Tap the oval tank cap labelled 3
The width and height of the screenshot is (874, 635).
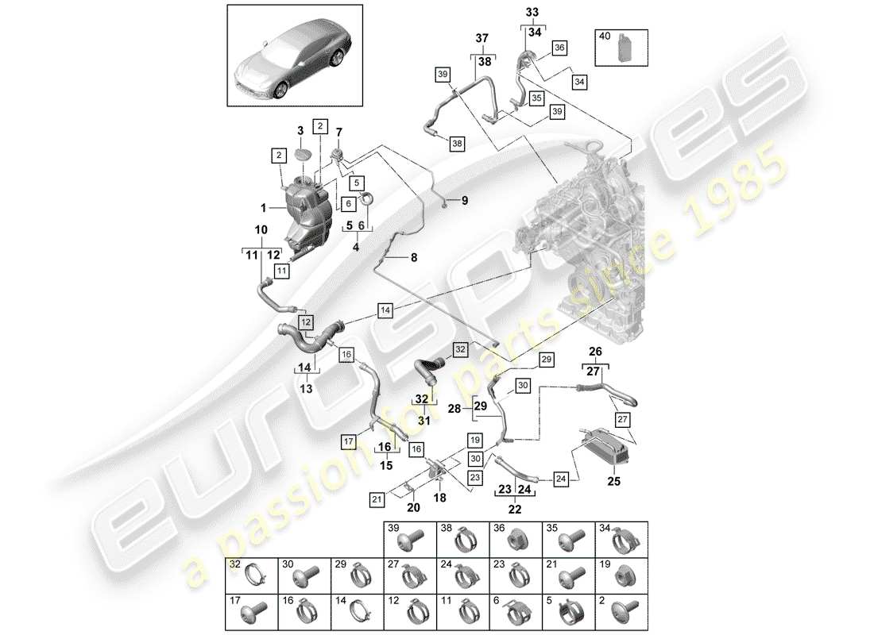click(303, 154)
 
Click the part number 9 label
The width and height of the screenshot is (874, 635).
click(466, 200)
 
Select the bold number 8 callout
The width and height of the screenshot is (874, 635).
click(413, 257)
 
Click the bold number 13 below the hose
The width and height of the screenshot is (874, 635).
click(305, 388)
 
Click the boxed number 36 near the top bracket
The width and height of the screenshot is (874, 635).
click(559, 48)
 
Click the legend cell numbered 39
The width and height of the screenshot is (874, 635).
click(409, 537)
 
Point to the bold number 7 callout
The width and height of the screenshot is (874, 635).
click(338, 131)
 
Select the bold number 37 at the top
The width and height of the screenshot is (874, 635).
click(481, 40)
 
